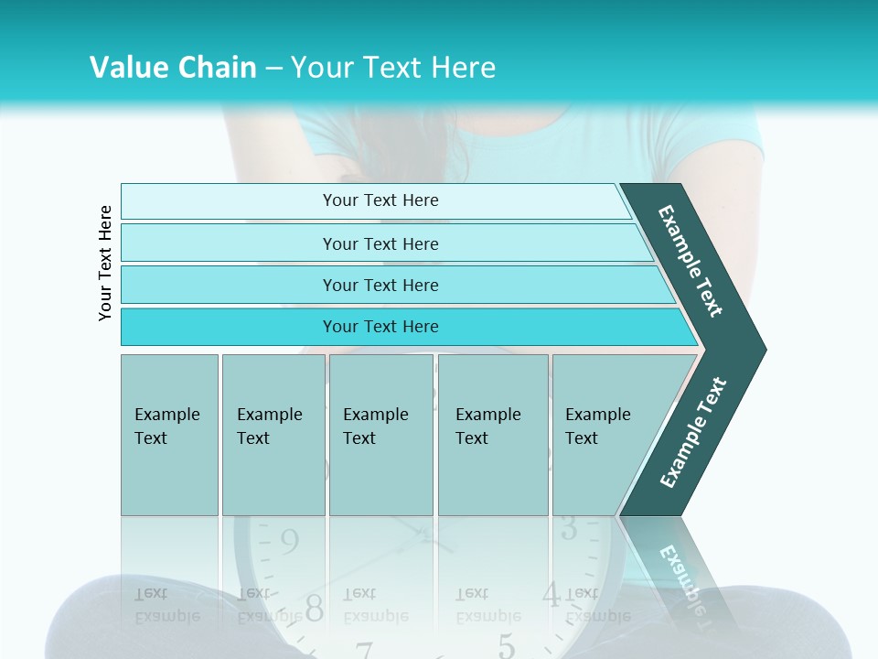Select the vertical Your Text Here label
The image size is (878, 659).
tap(105, 263)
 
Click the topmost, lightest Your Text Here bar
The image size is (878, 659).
tap(380, 200)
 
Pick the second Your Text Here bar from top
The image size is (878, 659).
tap(380, 243)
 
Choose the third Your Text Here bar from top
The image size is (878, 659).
tap(380, 285)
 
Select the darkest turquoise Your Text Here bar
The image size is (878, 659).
tap(380, 327)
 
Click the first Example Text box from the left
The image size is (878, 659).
tap(169, 435)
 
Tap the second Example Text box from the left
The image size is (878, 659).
tap(273, 435)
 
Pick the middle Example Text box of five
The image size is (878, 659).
tap(380, 435)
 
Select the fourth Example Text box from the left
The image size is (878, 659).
tap(492, 435)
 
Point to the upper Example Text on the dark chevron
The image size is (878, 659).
tap(691, 261)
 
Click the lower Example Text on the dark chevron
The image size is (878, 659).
tap(693, 432)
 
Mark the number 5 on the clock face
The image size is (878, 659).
tap(506, 646)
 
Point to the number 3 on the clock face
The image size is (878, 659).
tap(568, 528)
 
